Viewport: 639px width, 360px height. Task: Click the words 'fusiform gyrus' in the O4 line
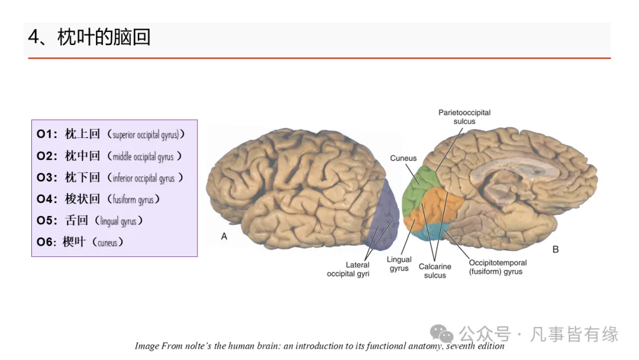133,200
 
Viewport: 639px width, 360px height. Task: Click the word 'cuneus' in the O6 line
107,242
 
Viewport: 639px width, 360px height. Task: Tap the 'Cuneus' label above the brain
403,158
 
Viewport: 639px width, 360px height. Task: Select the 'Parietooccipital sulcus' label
464,117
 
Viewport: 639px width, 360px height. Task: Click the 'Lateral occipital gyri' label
348,269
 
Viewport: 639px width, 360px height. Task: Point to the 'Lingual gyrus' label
399,264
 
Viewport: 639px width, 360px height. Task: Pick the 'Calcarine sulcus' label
435,271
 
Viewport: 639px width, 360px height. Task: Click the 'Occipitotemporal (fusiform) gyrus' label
497,267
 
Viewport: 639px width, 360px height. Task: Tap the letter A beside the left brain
224,236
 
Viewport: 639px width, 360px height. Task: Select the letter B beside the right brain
555,249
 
